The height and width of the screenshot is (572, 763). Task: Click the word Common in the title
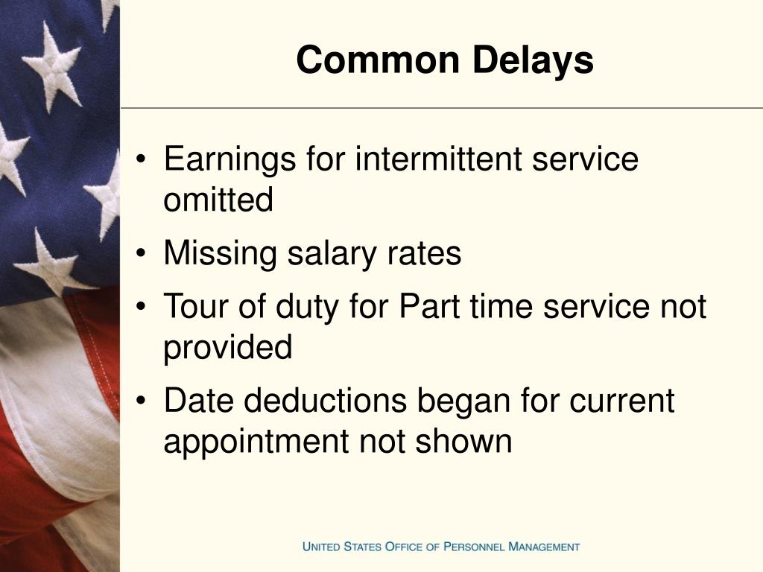pyautogui.click(x=378, y=60)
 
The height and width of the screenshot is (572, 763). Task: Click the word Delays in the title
pyautogui.click(x=533, y=61)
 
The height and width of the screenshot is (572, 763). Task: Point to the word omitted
pyautogui.click(x=218, y=200)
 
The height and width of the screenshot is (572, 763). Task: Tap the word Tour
pyautogui.click(x=197, y=306)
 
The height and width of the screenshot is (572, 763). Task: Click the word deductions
pyautogui.click(x=325, y=400)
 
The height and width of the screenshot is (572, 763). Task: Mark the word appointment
pyautogui.click(x=256, y=442)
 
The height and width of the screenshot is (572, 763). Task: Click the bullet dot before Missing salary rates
pyautogui.click(x=141, y=253)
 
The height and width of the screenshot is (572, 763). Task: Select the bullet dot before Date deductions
pyautogui.click(x=141, y=400)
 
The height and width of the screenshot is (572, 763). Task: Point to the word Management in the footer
pyautogui.click(x=544, y=546)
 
